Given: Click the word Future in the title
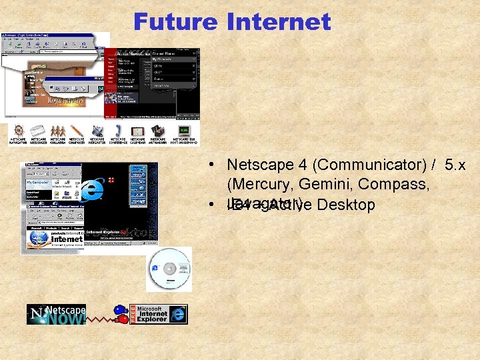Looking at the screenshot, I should coord(175,22).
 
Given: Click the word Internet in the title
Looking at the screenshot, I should coord(279,22).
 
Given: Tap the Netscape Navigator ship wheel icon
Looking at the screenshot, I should coord(18,131).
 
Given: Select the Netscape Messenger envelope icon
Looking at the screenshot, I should coord(38,131).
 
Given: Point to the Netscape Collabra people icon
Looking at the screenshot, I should coord(58,131).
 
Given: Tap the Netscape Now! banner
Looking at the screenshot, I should coord(57,314).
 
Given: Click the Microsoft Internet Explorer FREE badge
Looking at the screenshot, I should coord(159,314).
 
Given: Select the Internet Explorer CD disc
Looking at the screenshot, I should coord(169,269).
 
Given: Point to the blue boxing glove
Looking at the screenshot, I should coord(119,310).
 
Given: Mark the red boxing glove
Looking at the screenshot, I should coord(122,319).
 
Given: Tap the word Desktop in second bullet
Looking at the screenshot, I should coord(346,205).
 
